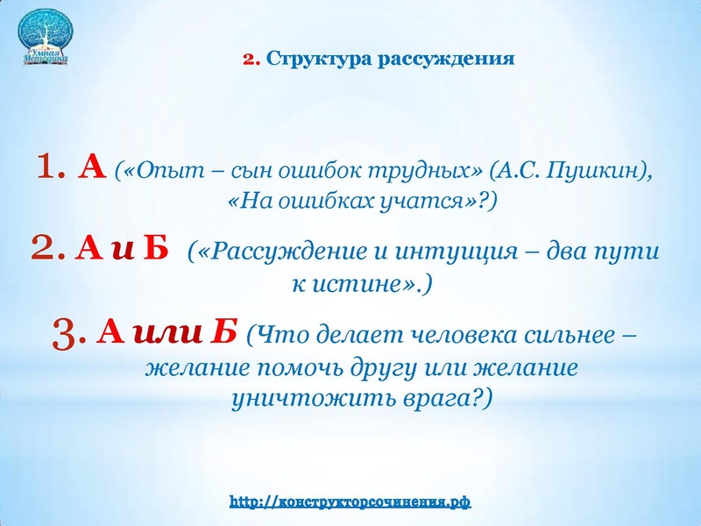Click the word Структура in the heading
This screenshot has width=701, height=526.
coord(308,60)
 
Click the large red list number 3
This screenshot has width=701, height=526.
coord(68,334)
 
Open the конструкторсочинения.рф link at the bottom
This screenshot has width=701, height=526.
coord(350,502)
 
